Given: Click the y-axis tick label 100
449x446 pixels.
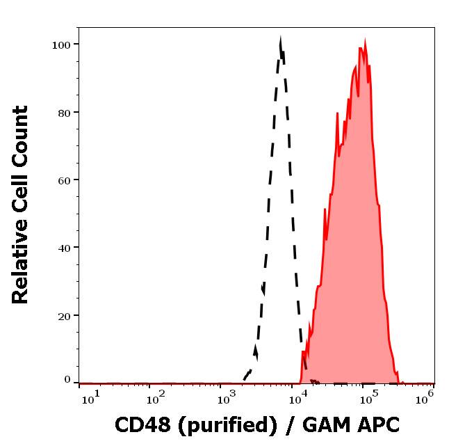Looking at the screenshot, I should point(62,45).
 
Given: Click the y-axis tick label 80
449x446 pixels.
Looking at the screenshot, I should point(64,112).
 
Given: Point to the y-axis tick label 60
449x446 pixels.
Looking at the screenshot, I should point(64,180).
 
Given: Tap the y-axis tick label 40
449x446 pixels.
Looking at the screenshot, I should point(64,248).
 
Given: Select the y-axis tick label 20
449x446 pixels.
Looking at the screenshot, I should point(64,315).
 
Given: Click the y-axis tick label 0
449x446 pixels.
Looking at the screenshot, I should point(67,380).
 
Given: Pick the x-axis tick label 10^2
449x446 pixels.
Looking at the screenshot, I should point(155,397).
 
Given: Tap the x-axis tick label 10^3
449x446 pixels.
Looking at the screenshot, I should point(226,397).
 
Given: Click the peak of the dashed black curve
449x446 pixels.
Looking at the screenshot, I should point(280,40).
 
